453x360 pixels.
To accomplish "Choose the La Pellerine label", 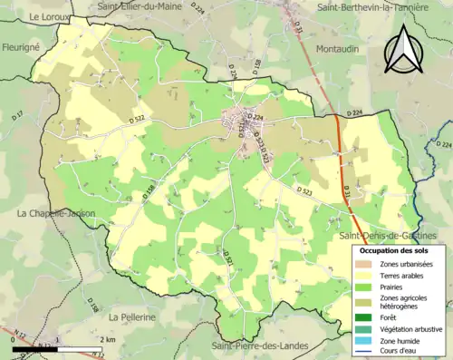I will [x=134, y=317].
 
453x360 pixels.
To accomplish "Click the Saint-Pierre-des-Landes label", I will [x=259, y=345].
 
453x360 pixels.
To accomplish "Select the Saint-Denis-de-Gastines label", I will [x=394, y=236].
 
